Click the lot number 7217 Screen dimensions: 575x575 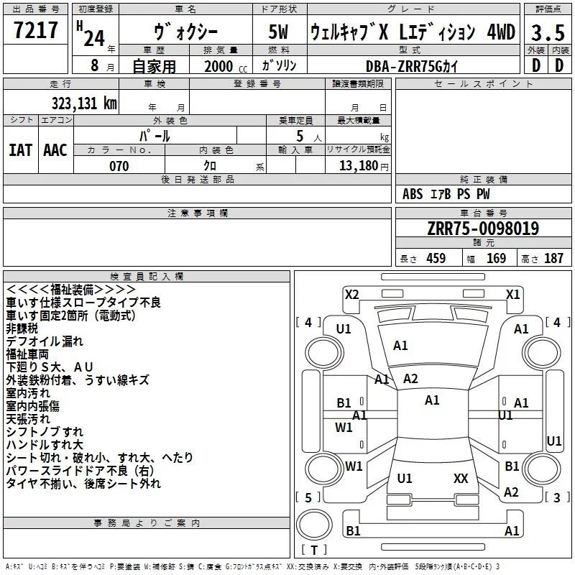[x=36, y=30]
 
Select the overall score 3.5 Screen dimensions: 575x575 [x=548, y=32]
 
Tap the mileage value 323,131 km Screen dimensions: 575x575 [x=84, y=103]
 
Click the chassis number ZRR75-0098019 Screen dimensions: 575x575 [x=483, y=228]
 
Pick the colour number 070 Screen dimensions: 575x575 [x=119, y=166]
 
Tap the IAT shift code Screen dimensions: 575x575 [x=20, y=150]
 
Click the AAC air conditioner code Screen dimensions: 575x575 [x=55, y=150]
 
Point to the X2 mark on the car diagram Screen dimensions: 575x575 [x=351, y=295]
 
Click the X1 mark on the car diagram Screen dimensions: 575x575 [x=512, y=295]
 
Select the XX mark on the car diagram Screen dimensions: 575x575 [x=461, y=478]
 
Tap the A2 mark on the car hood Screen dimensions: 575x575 [x=410, y=379]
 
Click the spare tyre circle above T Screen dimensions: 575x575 [x=314, y=525]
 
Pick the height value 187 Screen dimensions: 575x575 [x=553, y=258]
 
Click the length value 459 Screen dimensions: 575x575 [x=436, y=258]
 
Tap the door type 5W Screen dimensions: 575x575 [x=278, y=32]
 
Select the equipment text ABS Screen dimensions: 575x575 [x=413, y=194]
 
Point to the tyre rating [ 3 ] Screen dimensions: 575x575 [x=557, y=497]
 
